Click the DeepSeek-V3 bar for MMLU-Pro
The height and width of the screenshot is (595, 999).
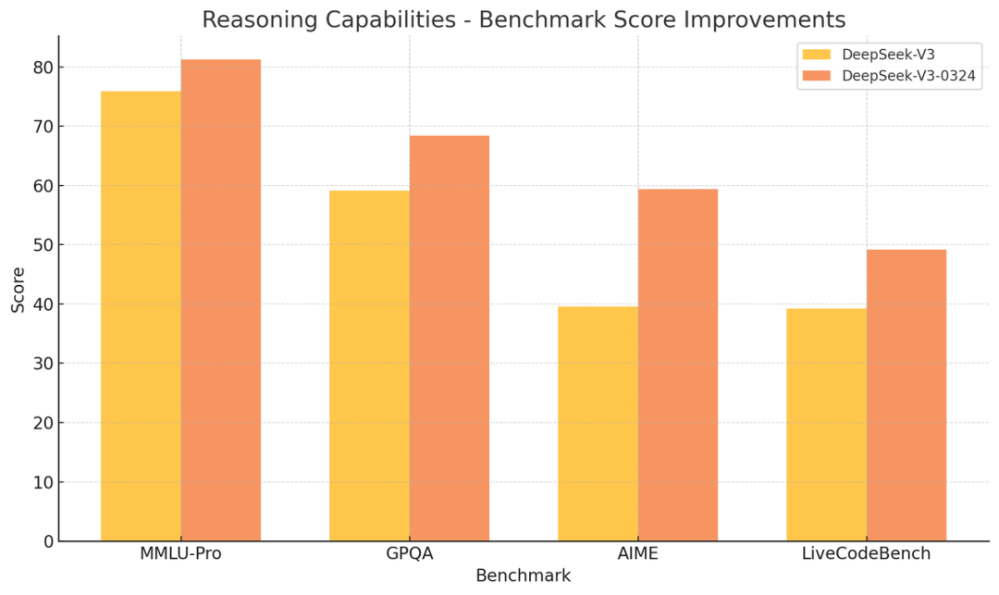tap(141, 316)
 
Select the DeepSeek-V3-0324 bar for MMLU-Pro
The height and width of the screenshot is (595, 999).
tap(221, 300)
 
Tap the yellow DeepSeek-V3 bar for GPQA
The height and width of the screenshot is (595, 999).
tap(369, 366)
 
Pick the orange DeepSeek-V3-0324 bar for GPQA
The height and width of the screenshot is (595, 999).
tap(450, 339)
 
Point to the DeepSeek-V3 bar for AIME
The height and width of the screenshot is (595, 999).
tap(598, 424)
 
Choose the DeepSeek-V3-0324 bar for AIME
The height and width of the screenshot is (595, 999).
tap(678, 365)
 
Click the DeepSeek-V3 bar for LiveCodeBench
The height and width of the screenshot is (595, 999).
tap(826, 425)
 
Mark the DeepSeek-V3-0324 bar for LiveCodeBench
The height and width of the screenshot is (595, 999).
tap(906, 395)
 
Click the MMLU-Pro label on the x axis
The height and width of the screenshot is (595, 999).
tap(181, 553)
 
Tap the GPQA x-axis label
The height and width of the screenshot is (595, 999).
tap(410, 553)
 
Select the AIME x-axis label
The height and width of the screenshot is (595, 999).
tap(637, 553)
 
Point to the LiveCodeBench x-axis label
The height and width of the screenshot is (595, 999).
tap(867, 553)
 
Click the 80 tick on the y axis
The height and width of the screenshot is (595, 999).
tap(44, 68)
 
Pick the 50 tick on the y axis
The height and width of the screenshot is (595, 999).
tap(44, 245)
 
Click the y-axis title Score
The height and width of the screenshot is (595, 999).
tap(18, 290)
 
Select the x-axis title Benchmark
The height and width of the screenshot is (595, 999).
tap(523, 576)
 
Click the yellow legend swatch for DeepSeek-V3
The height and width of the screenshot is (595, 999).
tap(816, 55)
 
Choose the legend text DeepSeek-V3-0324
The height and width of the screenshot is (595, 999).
tap(908, 76)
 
